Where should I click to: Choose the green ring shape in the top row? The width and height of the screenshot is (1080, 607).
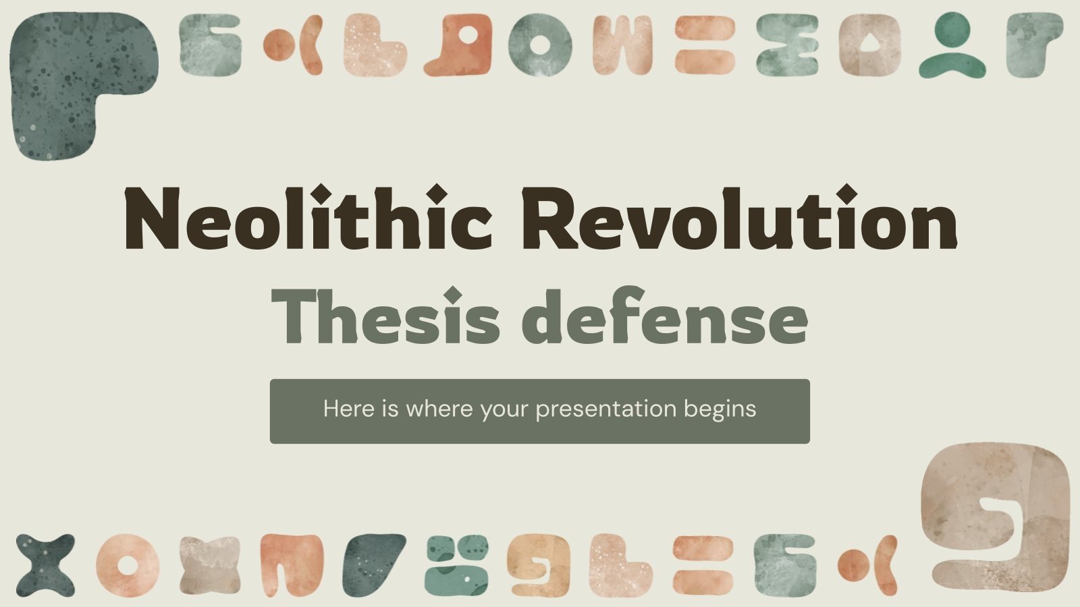coord(539,45)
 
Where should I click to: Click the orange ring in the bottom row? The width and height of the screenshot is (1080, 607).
coord(126,565)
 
